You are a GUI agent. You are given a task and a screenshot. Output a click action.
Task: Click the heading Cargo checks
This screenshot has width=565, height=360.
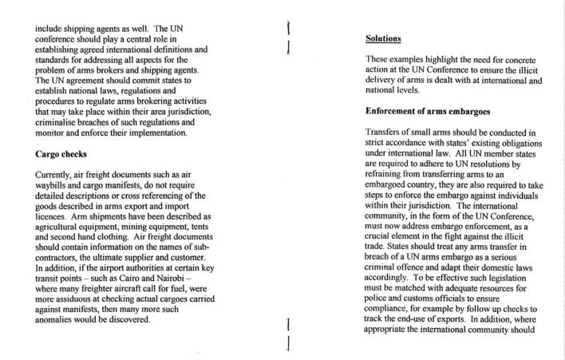point(68,154)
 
